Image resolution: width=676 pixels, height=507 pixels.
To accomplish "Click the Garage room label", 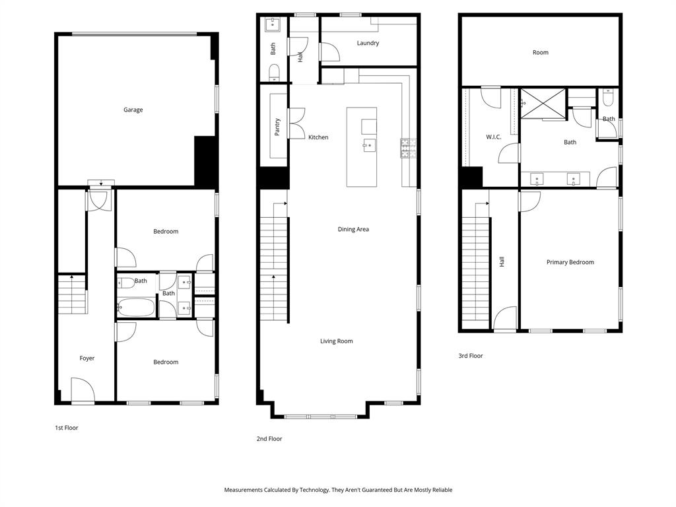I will tap(133, 110).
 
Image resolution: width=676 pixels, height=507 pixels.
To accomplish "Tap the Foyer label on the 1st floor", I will tap(87, 358).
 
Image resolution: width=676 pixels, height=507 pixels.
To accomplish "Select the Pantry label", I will tap(277, 127).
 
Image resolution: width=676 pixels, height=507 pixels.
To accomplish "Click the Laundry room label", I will tap(368, 44).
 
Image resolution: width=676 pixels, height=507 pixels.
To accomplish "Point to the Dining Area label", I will tap(353, 230).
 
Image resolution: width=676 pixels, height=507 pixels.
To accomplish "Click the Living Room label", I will tap(337, 341).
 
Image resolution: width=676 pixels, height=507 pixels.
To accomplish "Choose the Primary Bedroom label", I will tap(570, 262).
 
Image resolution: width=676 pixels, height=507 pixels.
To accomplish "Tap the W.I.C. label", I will tap(494, 137).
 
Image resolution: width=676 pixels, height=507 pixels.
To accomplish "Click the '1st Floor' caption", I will tap(66, 428).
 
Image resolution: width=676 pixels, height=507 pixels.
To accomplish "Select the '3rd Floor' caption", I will tap(471, 356).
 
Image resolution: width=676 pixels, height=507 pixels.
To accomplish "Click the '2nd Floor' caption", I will tap(269, 438).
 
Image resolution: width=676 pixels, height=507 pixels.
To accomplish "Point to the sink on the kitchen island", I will tap(368, 145).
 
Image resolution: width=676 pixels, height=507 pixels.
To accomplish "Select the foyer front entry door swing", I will tap(82, 389).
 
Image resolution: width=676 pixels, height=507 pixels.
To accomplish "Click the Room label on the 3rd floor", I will tap(540, 53).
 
